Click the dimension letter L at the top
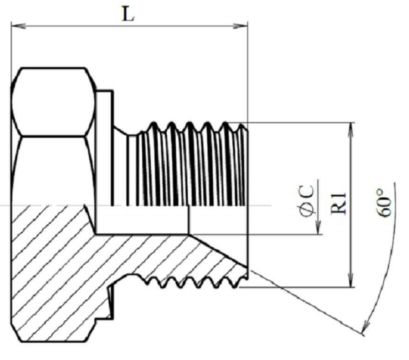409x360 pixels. click(128, 15)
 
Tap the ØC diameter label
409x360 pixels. click(307, 200)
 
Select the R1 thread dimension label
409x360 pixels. click(338, 203)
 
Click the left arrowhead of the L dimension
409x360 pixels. click(18, 26)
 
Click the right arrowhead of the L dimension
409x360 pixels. click(240, 26)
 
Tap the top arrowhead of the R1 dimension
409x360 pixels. click(352, 129)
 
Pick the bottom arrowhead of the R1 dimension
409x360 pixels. click(352, 280)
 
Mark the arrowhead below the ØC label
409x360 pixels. click(318, 227)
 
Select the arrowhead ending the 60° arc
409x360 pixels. click(365, 327)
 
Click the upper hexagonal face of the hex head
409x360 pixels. click(53, 102)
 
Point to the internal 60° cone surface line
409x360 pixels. click(218, 250)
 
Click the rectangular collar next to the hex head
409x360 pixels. click(104, 147)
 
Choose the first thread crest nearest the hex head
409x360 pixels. click(154, 126)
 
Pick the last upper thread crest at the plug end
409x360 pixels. click(242, 127)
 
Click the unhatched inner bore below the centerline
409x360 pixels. click(142, 220)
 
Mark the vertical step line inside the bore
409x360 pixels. click(188, 220)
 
